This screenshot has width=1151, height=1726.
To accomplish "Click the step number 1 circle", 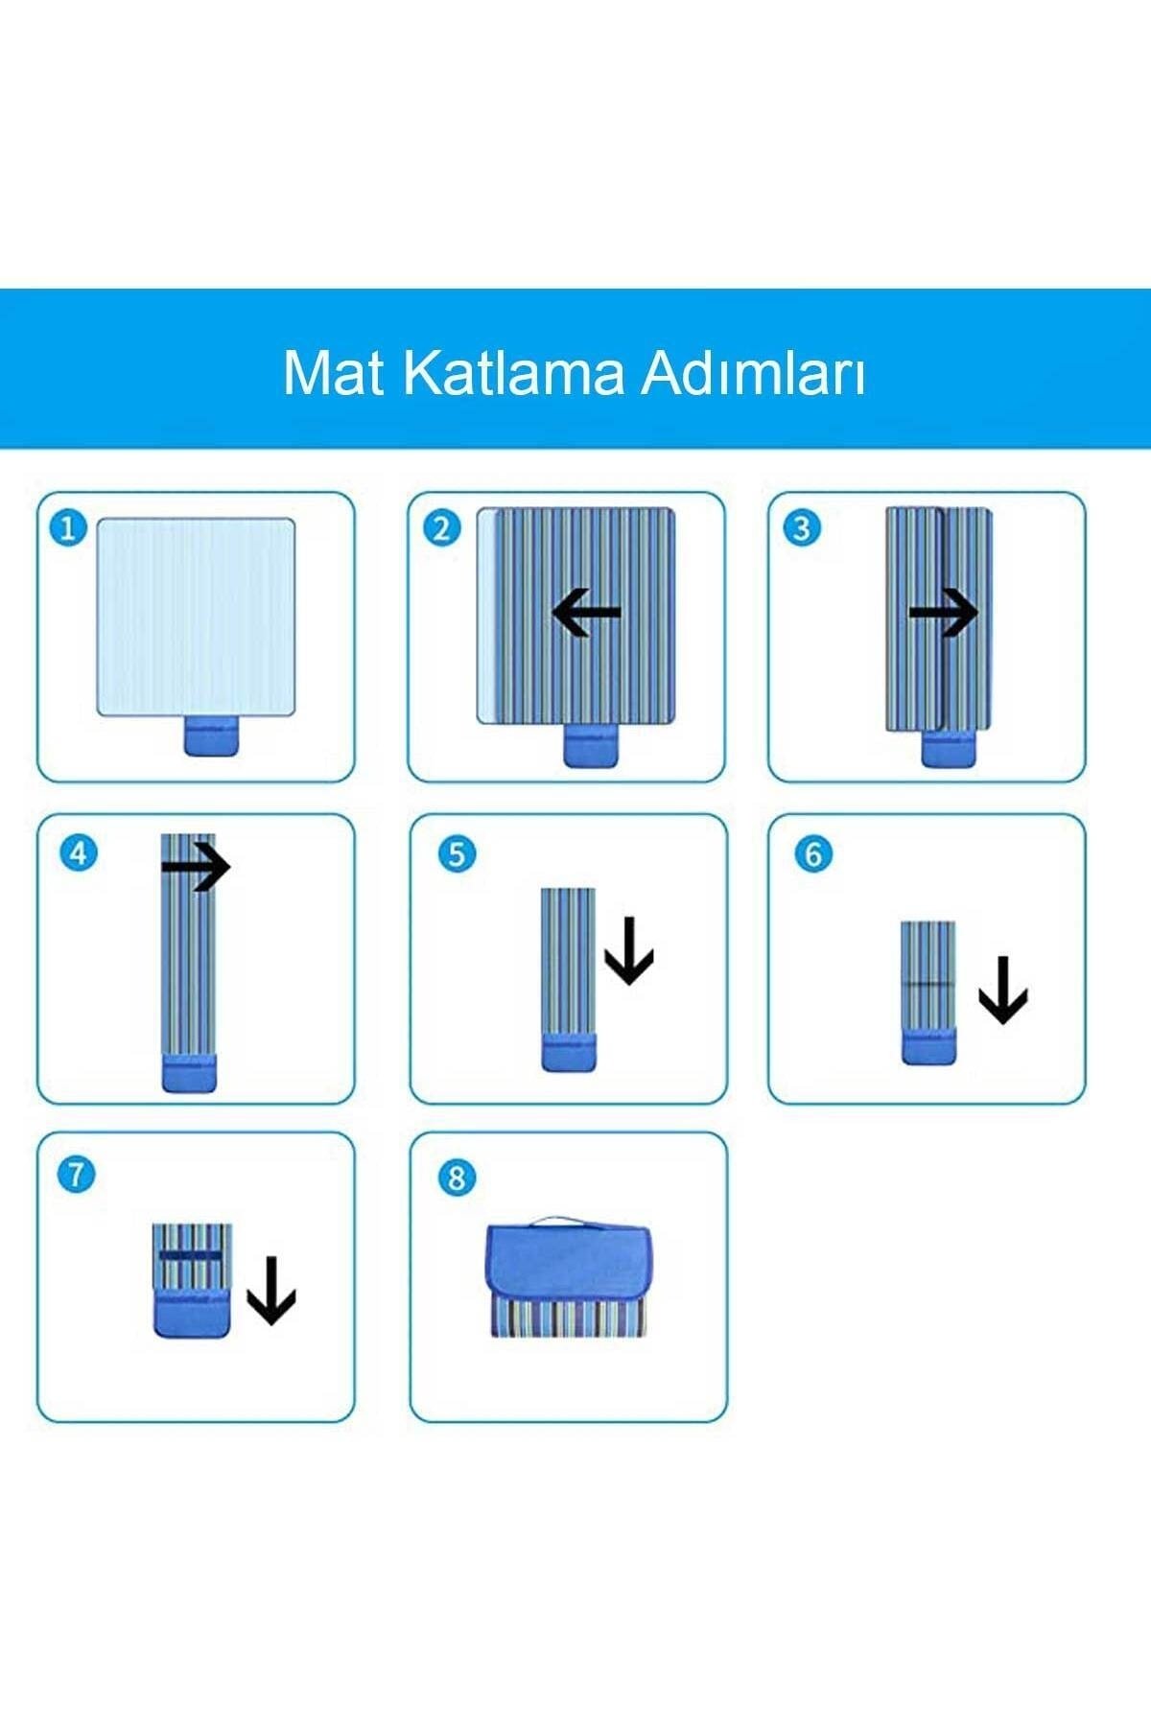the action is pos(67,528).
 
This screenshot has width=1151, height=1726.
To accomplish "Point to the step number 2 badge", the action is pos(441,528).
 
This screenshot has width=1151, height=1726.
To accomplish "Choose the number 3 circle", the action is pos(802,528).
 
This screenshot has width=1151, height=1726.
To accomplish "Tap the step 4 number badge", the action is pos(79,852).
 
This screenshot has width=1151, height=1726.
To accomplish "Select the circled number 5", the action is pos(457,853).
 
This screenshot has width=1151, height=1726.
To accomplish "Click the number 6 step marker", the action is pos(813,853).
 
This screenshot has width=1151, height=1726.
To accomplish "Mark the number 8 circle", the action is pos(457,1178).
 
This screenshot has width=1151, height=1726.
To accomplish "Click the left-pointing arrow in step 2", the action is pos(587,612).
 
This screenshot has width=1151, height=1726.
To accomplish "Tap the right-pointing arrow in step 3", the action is pos(944,612).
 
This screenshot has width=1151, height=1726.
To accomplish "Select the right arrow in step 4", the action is pos(196,868).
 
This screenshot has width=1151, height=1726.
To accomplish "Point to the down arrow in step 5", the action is pos(629,951).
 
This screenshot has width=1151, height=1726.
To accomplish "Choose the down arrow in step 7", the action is pos(271,1291).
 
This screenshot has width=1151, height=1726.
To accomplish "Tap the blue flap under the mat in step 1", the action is pos(211,736).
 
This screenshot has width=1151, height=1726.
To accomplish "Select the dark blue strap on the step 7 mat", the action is pos(191,1254).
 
